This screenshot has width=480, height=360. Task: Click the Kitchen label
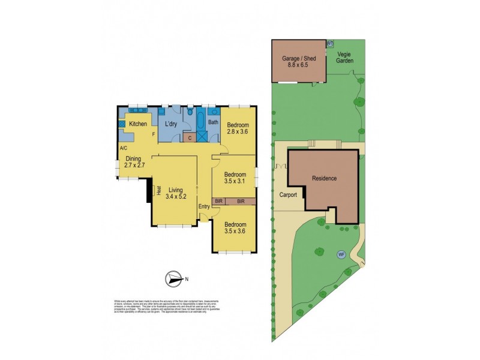[138, 124]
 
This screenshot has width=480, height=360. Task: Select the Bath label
[213, 123]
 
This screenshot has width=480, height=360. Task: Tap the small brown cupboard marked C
[190, 137]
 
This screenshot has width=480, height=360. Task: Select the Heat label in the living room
[158, 190]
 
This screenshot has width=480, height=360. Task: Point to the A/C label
[123, 148]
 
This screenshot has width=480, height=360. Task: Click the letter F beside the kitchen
[154, 134]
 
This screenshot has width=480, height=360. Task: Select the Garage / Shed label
[298, 61]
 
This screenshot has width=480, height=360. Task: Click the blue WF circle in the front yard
[341, 254]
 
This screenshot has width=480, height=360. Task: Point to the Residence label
[324, 178]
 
